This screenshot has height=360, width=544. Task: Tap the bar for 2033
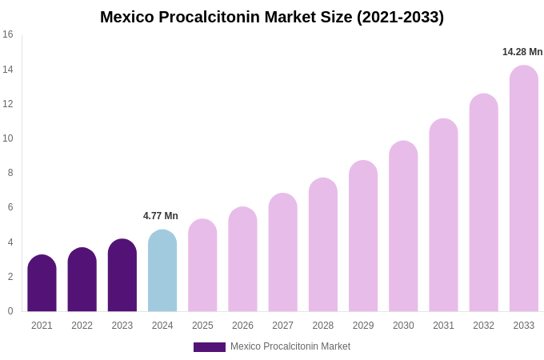pyautogui.click(x=524, y=189)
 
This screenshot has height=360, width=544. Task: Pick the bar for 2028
pyautogui.click(x=323, y=245)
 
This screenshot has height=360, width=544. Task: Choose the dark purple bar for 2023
pyautogui.click(x=122, y=275)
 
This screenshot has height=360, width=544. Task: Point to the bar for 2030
pyautogui.click(x=403, y=226)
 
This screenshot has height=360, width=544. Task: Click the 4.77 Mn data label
pyautogui.click(x=161, y=216)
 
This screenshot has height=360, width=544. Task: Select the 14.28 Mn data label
pyautogui.click(x=522, y=52)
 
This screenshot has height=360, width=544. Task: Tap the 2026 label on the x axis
pyautogui.click(x=242, y=326)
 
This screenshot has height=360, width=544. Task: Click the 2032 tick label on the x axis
pyautogui.click(x=483, y=326)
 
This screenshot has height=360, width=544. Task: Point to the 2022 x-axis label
pyautogui.click(x=82, y=326)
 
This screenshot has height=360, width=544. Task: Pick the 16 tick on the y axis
pyautogui.click(x=8, y=34)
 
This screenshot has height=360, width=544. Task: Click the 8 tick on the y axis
pyautogui.click(x=10, y=173)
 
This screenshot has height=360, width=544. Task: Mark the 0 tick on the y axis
pyautogui.click(x=10, y=311)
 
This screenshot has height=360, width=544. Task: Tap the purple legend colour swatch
pyautogui.click(x=210, y=347)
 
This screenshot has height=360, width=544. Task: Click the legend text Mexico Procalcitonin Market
pyautogui.click(x=290, y=346)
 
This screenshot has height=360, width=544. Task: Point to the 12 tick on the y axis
pyautogui.click(x=8, y=104)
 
